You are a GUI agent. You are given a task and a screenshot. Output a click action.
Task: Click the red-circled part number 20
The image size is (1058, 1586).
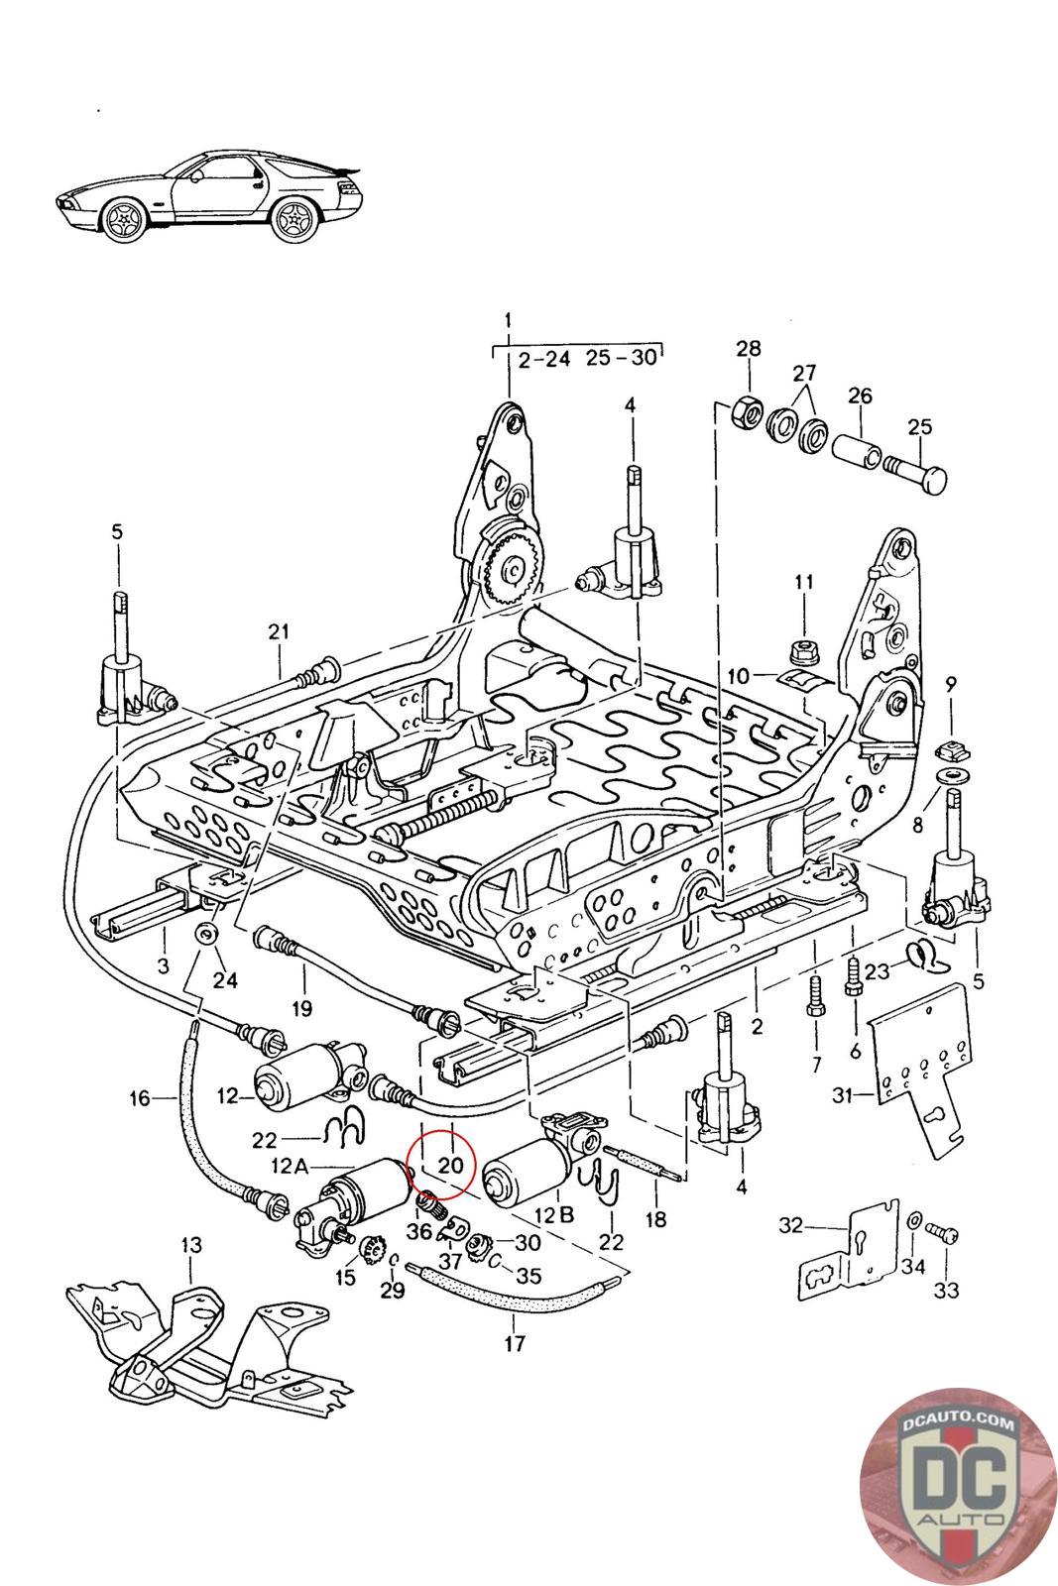[x=450, y=1165]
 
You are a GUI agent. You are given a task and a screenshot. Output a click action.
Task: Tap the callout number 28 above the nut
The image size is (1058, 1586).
[x=749, y=348]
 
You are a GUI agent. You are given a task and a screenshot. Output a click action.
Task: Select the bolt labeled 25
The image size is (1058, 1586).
[x=915, y=476]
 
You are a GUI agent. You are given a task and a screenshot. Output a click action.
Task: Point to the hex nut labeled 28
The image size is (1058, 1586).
[x=746, y=410]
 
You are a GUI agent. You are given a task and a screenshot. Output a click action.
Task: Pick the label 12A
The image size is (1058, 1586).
[x=290, y=1165]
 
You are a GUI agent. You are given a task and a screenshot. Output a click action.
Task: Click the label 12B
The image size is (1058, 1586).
[x=554, y=1215]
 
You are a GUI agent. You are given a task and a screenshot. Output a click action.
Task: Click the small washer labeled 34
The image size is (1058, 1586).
[x=913, y=1220]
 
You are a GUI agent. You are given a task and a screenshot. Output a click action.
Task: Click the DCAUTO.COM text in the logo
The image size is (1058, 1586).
[x=958, y=1423]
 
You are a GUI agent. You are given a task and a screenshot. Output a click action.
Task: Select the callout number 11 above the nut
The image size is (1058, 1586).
[x=804, y=582]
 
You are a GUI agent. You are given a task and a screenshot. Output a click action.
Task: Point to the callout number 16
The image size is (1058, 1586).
[x=140, y=1098]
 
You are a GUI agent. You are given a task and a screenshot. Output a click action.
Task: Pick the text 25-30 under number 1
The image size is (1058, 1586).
[x=622, y=358]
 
